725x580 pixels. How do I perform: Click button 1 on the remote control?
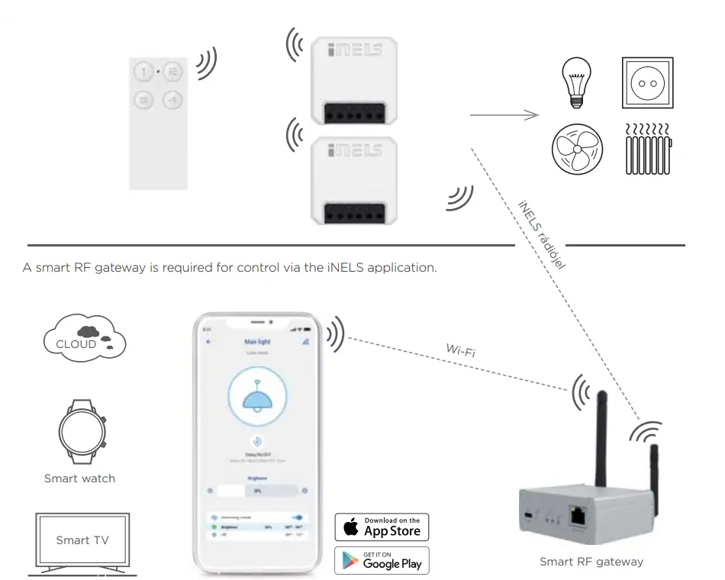click(x=143, y=73)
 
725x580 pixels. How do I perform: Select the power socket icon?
click(x=648, y=82)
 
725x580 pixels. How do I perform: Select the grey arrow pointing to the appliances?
click(x=504, y=115)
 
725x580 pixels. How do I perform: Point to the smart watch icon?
click(x=79, y=432)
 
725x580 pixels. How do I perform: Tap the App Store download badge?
click(x=382, y=527)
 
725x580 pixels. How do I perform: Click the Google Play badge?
click(x=382, y=561)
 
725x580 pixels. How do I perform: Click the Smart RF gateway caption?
click(x=591, y=562)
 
